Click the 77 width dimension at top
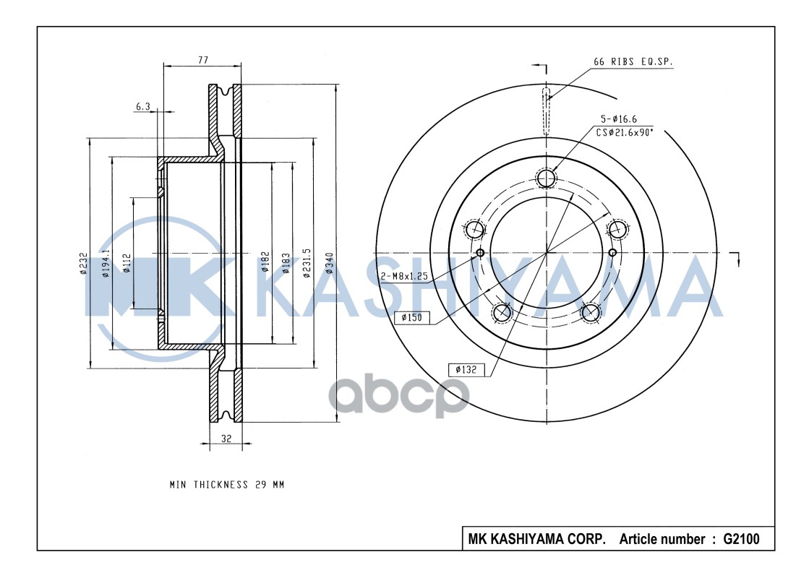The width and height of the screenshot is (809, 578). click(204, 61)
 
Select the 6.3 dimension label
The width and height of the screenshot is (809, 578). click(142, 107)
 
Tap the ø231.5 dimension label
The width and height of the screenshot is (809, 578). click(307, 262)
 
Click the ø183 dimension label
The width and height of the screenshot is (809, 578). click(286, 263)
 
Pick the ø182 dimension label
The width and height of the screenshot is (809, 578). click(265, 263)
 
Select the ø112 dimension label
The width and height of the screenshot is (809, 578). click(127, 264)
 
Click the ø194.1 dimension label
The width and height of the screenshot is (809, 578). click(106, 264)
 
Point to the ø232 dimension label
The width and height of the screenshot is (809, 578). click(83, 263)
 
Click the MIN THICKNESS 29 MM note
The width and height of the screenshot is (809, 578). click(227, 485)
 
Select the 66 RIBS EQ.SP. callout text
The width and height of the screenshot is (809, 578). click(633, 63)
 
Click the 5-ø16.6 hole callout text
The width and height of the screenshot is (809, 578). click(617, 118)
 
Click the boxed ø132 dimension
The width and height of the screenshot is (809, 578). click(466, 369)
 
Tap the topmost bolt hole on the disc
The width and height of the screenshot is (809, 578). click(547, 177)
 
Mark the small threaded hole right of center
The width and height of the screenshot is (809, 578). click(612, 252)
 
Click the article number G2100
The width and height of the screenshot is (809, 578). click(736, 539)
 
